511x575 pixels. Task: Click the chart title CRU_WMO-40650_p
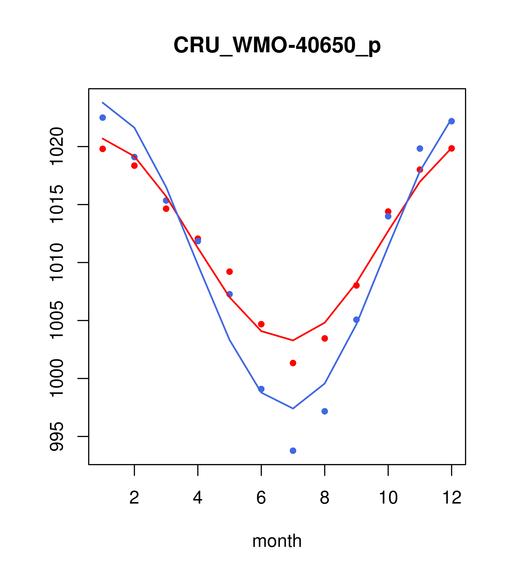point(277,45)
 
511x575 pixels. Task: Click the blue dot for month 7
point(293,451)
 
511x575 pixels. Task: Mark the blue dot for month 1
point(103,118)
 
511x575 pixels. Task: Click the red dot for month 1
point(103,149)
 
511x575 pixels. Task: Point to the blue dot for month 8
point(325,411)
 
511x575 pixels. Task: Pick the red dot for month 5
point(230,271)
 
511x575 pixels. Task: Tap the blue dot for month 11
point(420,149)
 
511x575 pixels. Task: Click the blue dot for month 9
point(356,320)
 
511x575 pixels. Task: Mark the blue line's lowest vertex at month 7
point(293,408)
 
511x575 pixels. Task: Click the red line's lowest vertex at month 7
point(293,340)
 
